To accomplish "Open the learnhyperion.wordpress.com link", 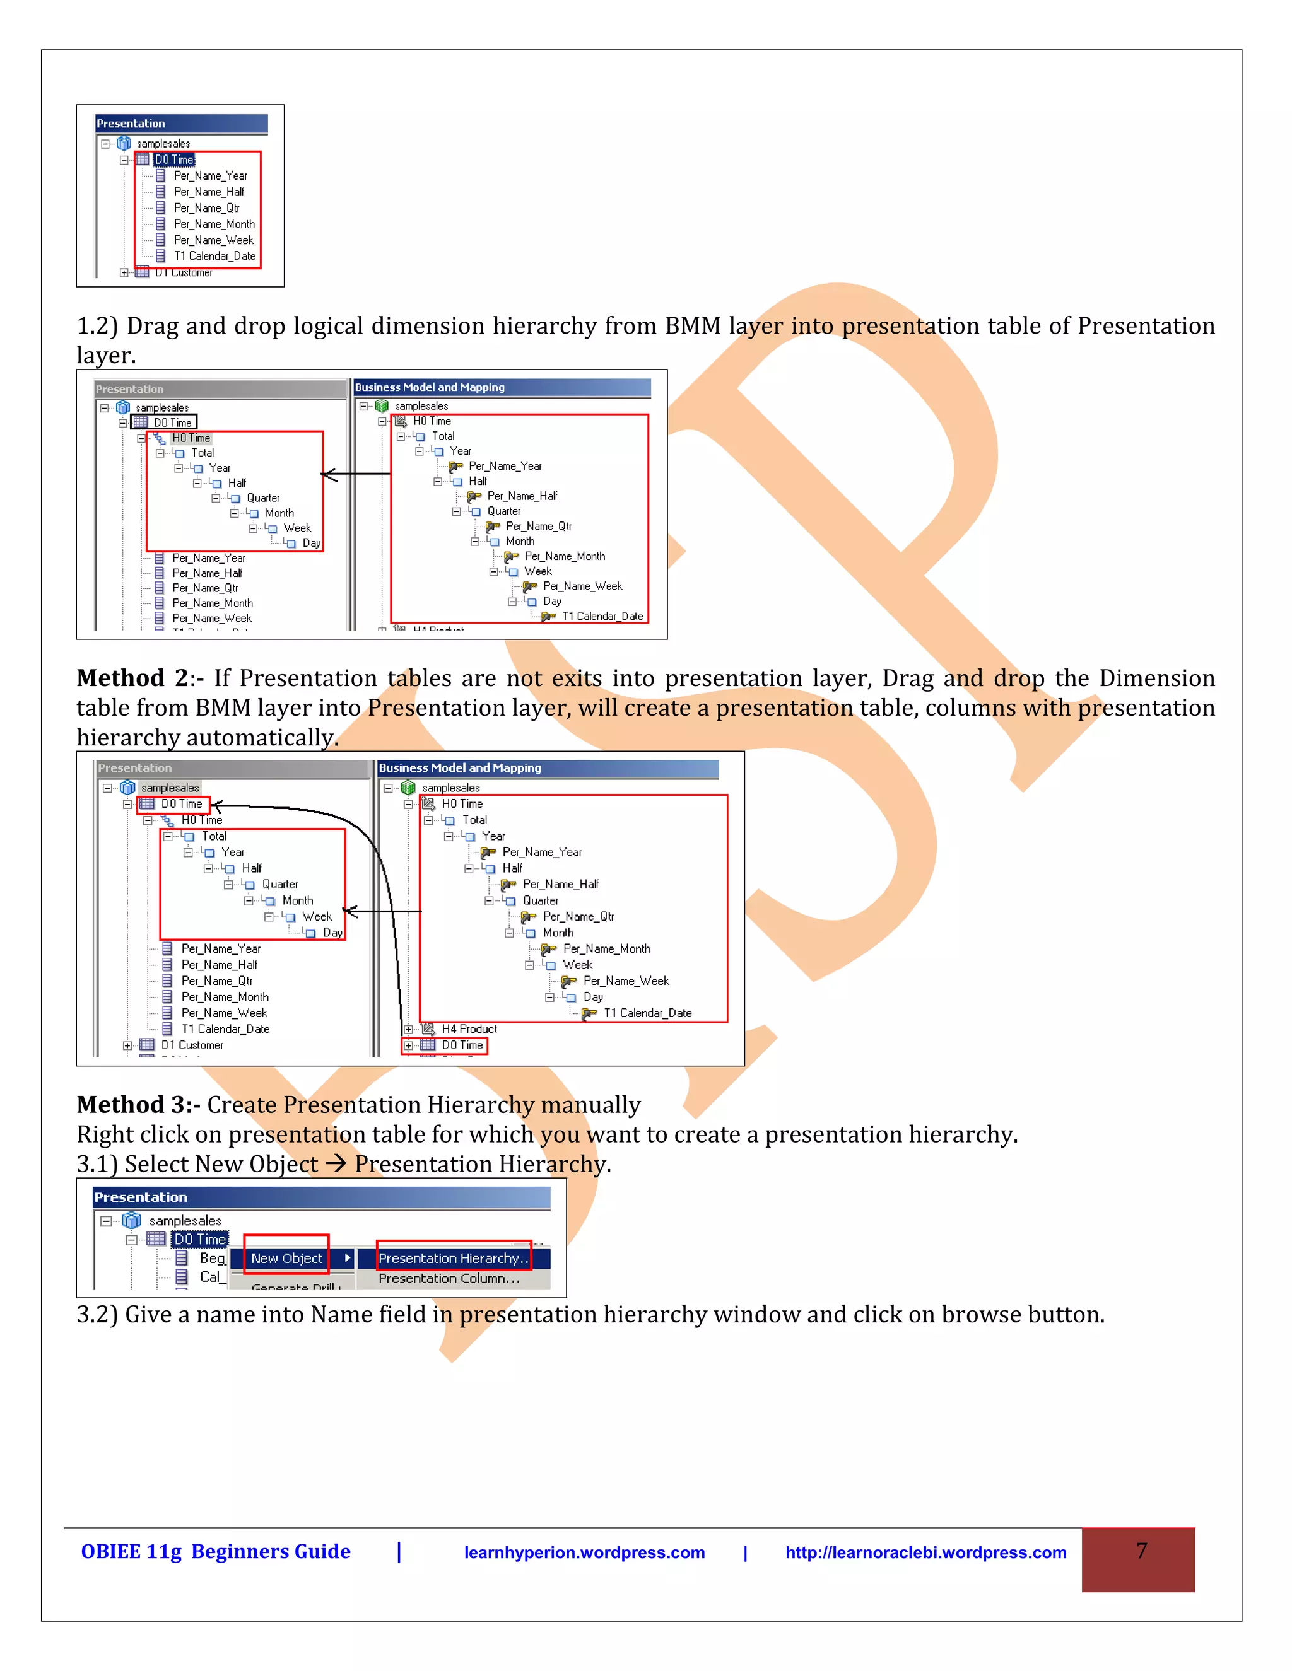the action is (584, 1552).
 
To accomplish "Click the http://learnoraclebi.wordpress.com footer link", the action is (925, 1552).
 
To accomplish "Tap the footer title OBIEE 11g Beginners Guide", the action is (216, 1552).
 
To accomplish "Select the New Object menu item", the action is (287, 1258).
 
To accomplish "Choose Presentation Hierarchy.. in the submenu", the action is (453, 1258).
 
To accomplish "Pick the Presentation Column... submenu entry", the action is (449, 1279).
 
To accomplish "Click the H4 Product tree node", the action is (469, 1029).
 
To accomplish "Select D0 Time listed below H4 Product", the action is (462, 1045).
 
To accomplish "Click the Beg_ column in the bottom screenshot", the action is (212, 1258).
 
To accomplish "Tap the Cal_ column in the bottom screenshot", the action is (209, 1276).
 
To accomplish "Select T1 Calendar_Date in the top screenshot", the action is (214, 256).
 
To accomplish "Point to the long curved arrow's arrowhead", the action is (215, 806).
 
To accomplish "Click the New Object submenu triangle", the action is (347, 1258).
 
